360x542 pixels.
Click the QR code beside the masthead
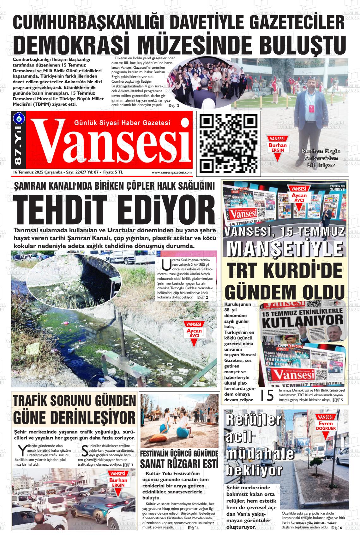(x=228, y=143)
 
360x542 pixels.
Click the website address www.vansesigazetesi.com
(x=171, y=173)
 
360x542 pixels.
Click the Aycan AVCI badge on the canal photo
(x=194, y=331)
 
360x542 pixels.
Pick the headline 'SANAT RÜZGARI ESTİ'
(x=179, y=464)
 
